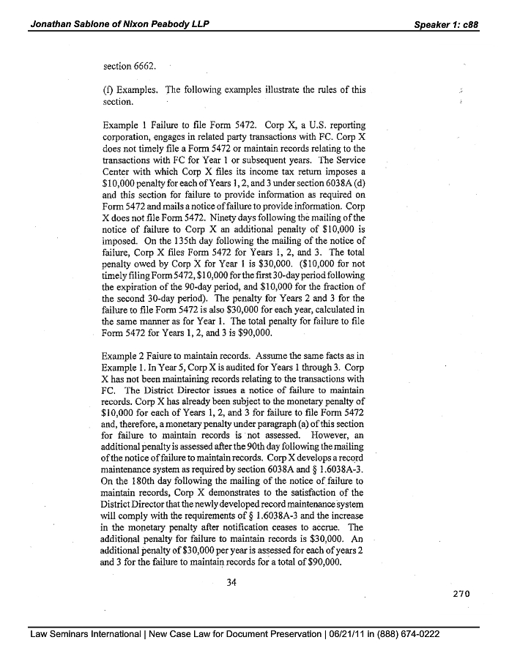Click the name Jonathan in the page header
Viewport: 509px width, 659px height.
tap(53, 24)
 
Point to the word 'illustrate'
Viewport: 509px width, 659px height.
tap(282, 91)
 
